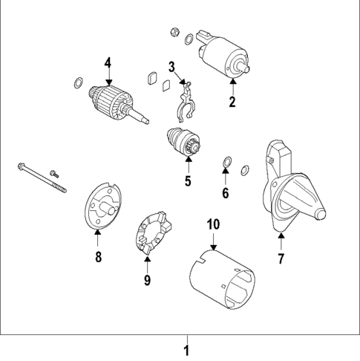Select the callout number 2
[x=232, y=103]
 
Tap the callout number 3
[x=171, y=67]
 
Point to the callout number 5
[x=188, y=180]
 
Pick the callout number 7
[x=281, y=258]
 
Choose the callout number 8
[x=97, y=257]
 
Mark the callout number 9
[x=147, y=279]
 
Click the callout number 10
[x=212, y=224]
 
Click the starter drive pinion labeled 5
[x=183, y=142]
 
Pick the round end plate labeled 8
[x=101, y=205]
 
